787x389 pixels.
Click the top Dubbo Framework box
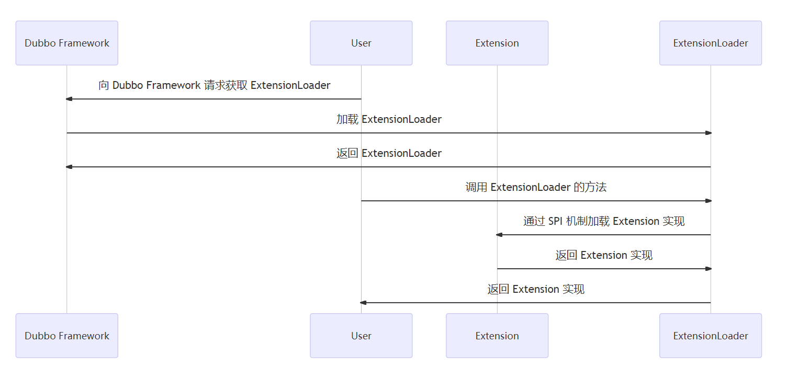[x=67, y=43]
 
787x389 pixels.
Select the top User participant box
[x=361, y=43]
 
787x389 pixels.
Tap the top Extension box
[x=497, y=43]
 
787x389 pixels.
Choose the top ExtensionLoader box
[x=711, y=43]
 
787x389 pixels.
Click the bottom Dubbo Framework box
[x=67, y=336]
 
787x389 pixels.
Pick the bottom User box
[x=361, y=336]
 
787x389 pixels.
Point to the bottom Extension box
[x=497, y=336]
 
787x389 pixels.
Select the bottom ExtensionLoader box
[x=711, y=336]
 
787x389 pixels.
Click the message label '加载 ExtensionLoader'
[x=389, y=119]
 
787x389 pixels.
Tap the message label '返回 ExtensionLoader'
[x=389, y=153]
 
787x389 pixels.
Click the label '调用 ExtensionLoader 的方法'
[x=536, y=187]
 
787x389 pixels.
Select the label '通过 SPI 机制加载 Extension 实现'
[x=604, y=221]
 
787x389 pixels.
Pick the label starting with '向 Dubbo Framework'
[x=215, y=85]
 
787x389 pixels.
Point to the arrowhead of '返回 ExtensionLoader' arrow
[x=69, y=167]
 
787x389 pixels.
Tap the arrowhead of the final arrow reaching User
[x=363, y=303]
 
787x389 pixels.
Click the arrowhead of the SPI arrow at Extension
[x=499, y=235]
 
